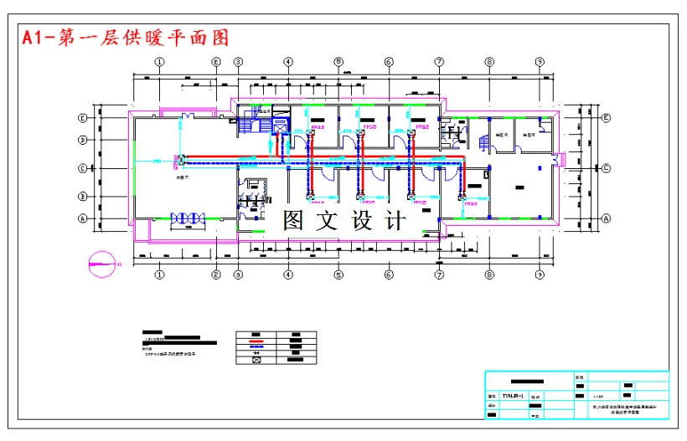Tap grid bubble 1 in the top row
[159, 62]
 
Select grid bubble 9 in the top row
[540, 62]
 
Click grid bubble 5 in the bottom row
[338, 274]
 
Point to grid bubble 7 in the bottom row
[439, 274]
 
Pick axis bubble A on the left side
[83, 218]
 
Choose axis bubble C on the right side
[604, 167]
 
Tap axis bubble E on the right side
[604, 118]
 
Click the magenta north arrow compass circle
[100, 264]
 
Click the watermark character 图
[293, 221]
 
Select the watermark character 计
[395, 221]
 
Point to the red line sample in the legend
[257, 341]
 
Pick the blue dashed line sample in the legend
[257, 347]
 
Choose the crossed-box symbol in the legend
[257, 362]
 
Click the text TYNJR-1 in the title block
[512, 395]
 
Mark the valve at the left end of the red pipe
[181, 158]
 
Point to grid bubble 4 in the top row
[287, 62]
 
